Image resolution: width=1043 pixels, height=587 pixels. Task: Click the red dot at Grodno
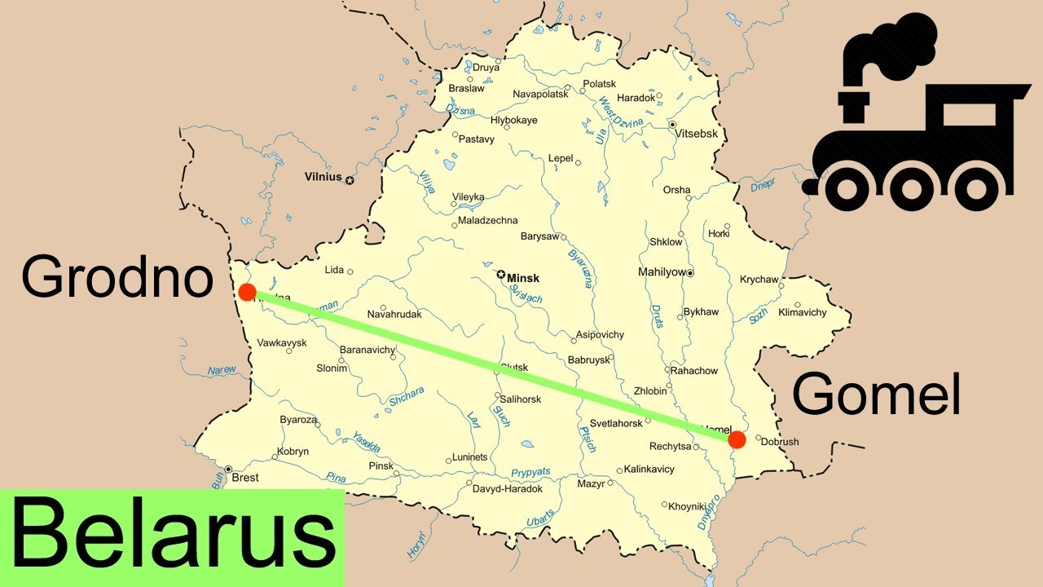coord(248,292)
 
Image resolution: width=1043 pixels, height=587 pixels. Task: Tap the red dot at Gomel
coord(737,440)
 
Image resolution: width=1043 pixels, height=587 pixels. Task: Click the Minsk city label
coord(523,278)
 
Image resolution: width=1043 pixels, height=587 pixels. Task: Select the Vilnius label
coord(323,176)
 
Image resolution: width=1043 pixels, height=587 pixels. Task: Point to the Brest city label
coord(245,478)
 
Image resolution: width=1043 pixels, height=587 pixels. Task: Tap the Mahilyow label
coord(661,272)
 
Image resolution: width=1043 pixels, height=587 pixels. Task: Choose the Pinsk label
coord(381,466)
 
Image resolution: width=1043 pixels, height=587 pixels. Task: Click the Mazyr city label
coord(591,483)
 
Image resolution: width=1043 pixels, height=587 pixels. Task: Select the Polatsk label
coord(600,84)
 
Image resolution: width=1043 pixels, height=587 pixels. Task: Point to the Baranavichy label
coord(367,350)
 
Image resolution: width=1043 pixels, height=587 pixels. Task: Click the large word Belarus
coord(173,537)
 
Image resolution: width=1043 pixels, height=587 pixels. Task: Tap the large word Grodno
coord(117,276)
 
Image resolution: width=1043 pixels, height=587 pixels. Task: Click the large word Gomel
coord(876,395)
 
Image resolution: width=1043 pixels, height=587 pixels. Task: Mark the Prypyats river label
coord(531,472)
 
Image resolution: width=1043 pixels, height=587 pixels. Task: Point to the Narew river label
coord(222,370)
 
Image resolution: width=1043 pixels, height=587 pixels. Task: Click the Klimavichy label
coord(803,312)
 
